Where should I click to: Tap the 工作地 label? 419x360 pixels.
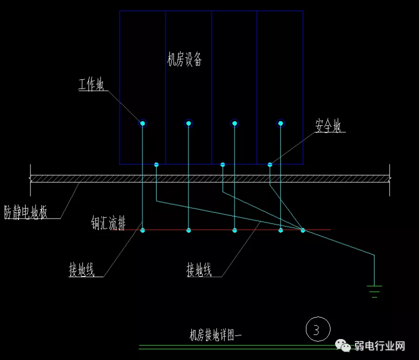coord(92,85)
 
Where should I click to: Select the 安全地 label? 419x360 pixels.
coord(328,126)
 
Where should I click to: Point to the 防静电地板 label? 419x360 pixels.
coord(26,212)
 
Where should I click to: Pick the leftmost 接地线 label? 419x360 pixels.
coord(82,270)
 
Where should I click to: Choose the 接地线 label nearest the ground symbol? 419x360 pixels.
coord(199,270)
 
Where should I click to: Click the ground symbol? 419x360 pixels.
coord(374,290)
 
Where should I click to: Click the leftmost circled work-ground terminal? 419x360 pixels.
coord(142,123)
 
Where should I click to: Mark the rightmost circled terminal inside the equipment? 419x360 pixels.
coord(281,123)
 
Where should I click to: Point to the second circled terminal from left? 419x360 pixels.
coord(189,123)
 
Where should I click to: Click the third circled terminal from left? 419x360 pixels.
coord(235,123)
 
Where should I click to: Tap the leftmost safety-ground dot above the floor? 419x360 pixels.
coord(156,165)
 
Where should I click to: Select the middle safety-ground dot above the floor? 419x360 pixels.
coord(223,165)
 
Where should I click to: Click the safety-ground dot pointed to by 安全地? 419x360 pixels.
coord(270,165)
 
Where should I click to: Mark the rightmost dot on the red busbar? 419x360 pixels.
coord(303,230)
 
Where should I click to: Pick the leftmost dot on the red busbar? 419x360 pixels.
coord(142,230)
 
